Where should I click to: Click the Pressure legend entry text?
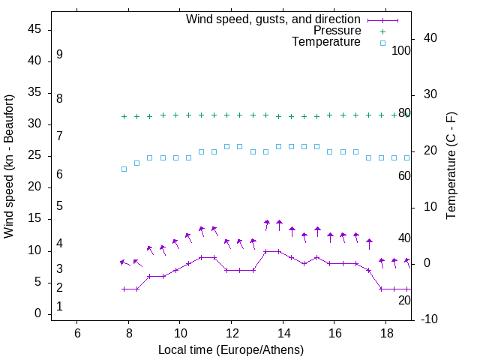point(337,31)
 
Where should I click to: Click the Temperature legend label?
point(326,43)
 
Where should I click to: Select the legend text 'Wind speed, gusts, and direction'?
point(274,19)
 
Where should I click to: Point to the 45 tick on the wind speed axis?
point(35,29)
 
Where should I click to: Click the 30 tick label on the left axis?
point(35,124)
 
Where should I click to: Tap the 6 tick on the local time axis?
point(77,333)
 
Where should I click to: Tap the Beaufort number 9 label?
point(59,55)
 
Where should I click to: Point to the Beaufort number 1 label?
point(59,307)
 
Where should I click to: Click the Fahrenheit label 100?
point(402,51)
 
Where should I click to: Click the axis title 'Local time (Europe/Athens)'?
point(231,349)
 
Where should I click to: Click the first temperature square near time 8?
point(124,169)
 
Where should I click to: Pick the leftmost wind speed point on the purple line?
point(124,289)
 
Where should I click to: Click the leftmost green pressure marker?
point(124,116)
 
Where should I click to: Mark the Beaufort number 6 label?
point(59,175)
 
